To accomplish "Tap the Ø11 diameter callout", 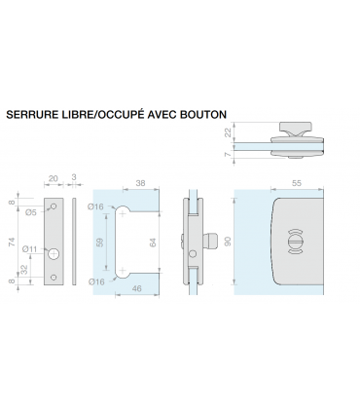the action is pyautogui.click(x=30, y=249).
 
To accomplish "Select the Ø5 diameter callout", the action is pyautogui.click(x=30, y=208).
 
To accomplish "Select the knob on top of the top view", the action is pyautogui.click(x=293, y=128).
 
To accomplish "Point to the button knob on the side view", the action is pyautogui.click(x=211, y=240).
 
